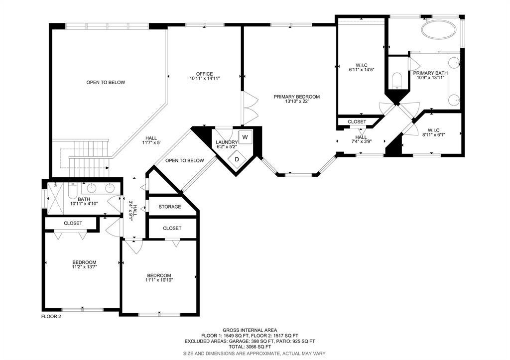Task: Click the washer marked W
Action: (x=245, y=137)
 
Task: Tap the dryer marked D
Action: (x=237, y=159)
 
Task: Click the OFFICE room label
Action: (x=205, y=74)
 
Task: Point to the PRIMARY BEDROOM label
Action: (x=297, y=97)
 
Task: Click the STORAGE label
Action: (x=170, y=207)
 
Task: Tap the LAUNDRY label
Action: (x=227, y=142)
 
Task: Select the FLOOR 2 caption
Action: (x=51, y=316)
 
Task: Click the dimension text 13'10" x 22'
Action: (x=297, y=102)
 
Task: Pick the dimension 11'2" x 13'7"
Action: (x=85, y=267)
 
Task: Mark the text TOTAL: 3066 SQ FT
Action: (x=250, y=347)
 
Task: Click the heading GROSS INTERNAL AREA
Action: (x=250, y=330)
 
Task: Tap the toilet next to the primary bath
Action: (x=397, y=81)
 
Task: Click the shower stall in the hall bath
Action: (x=55, y=198)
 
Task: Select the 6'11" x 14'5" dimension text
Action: (x=362, y=69)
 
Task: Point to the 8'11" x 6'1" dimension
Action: (x=434, y=134)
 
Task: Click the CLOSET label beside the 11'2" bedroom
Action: (x=73, y=223)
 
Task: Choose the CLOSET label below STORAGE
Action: (x=172, y=228)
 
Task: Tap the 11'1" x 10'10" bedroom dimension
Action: (x=159, y=280)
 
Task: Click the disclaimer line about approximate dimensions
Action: (x=255, y=353)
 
